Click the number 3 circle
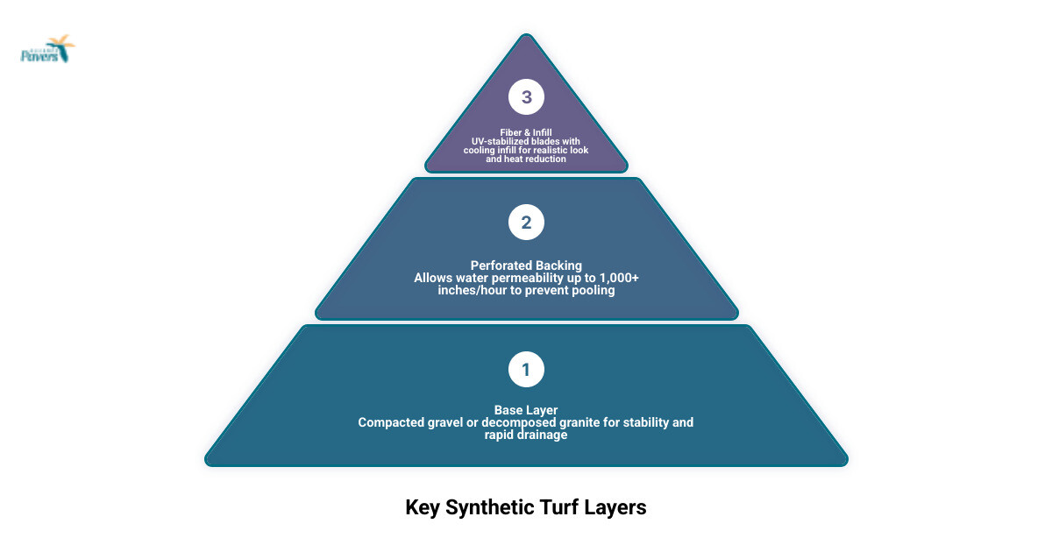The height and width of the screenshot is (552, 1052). [526, 97]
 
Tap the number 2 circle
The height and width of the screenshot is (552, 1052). [526, 223]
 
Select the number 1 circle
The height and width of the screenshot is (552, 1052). [526, 370]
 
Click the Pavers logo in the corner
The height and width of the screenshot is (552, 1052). [47, 50]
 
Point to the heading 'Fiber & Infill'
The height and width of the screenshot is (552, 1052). [526, 132]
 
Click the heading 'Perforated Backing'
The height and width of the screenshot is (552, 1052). [526, 265]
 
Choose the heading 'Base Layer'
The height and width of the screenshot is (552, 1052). [526, 410]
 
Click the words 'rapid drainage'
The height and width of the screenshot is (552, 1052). [526, 435]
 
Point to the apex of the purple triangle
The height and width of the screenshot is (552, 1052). [526, 36]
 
